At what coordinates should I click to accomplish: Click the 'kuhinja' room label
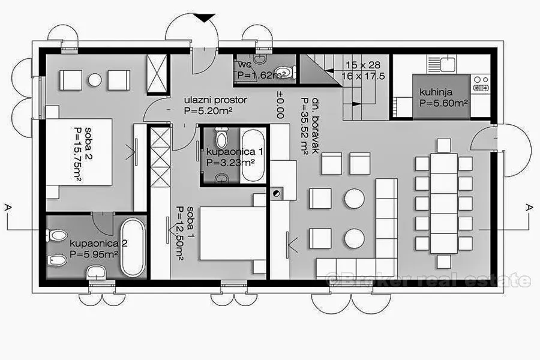(x=436, y=92)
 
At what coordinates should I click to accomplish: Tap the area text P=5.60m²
(x=443, y=103)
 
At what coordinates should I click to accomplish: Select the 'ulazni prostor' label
(x=216, y=100)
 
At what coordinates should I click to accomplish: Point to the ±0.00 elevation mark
(x=280, y=105)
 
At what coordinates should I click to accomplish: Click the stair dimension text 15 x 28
(x=364, y=65)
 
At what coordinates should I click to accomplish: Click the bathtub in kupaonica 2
(x=133, y=247)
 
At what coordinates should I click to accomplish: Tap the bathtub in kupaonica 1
(x=253, y=156)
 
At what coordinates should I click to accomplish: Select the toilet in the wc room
(x=285, y=72)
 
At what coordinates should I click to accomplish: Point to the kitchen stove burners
(x=481, y=84)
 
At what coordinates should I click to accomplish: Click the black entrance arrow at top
(x=205, y=18)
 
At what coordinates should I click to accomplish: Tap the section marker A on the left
(x=8, y=208)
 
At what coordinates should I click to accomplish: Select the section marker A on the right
(x=529, y=208)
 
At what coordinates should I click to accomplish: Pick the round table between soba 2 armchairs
(x=95, y=80)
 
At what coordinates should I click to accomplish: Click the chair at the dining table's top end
(x=444, y=145)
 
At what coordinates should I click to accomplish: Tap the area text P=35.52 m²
(x=304, y=126)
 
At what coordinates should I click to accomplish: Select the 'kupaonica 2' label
(x=98, y=244)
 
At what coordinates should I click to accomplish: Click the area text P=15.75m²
(x=78, y=154)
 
